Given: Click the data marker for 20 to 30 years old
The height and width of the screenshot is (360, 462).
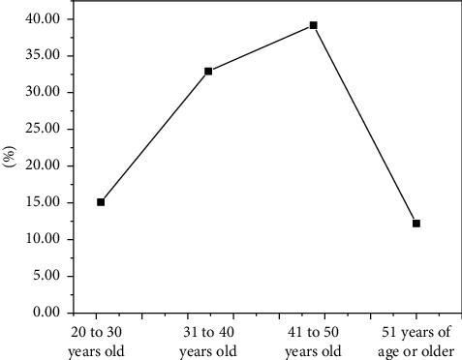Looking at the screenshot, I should coord(101,202).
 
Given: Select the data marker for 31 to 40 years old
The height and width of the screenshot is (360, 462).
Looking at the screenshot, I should coord(208,71).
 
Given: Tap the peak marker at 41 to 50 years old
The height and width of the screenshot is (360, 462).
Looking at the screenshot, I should coord(314,25).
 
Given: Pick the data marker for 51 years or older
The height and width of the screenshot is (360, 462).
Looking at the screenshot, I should coord(416,224).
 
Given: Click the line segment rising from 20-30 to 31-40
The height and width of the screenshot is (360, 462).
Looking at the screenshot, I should coord(155,136).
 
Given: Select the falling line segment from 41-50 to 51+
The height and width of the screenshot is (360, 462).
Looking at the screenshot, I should coord(365,124).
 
